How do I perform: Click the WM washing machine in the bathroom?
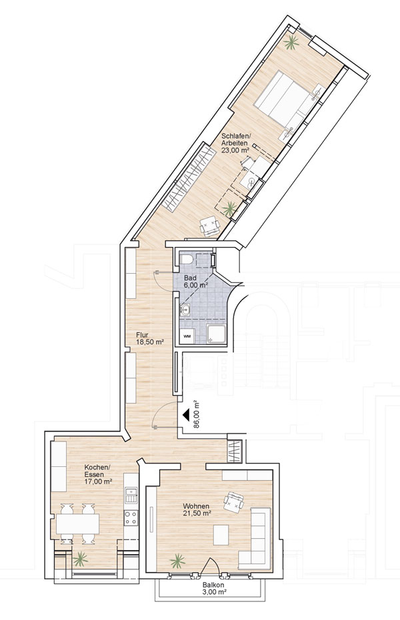pyautogui.click(x=187, y=336)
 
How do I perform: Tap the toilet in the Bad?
pyautogui.click(x=186, y=260)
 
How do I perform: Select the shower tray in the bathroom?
pyautogui.click(x=217, y=334)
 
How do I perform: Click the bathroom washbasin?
pyautogui.click(x=185, y=310)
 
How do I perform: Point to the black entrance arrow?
pyautogui.click(x=186, y=415)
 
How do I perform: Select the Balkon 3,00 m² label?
pyautogui.click(x=213, y=589)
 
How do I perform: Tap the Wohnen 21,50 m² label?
pyautogui.click(x=197, y=509)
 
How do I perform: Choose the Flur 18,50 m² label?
pyautogui.click(x=150, y=338)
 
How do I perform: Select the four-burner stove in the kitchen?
pyautogui.click(x=131, y=518)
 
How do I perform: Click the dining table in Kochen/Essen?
pyautogui.click(x=77, y=524)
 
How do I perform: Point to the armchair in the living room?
pyautogui.click(x=233, y=502)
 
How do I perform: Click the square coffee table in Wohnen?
pyautogui.click(x=221, y=535)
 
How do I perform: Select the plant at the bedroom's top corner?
pyautogui.click(x=291, y=42)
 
